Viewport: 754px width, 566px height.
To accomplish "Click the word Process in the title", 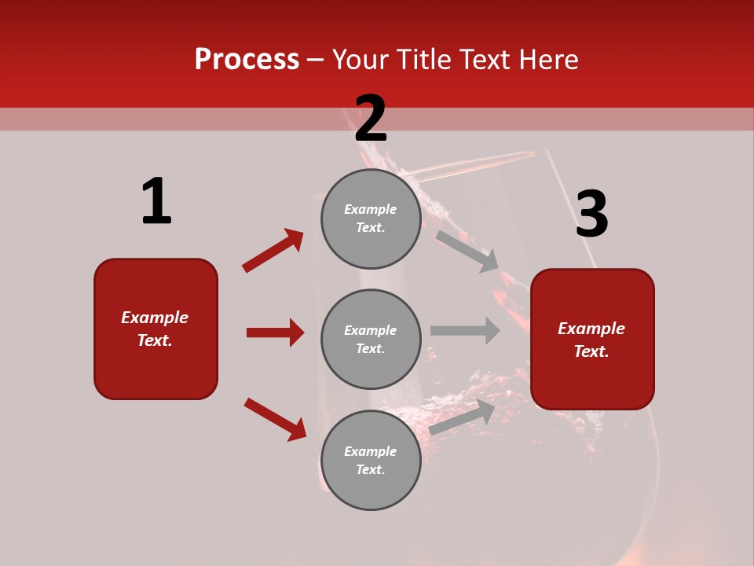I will click(247, 60).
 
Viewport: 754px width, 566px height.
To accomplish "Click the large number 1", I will click(156, 201).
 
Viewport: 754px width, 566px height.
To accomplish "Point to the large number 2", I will click(371, 119).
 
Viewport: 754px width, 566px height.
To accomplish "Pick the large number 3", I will click(591, 214).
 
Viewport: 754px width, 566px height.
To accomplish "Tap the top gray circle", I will click(371, 219).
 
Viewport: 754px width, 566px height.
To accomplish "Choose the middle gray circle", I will click(371, 339).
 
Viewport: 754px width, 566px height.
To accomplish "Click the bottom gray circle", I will click(371, 460).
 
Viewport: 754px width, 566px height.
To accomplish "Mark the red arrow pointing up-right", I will click(273, 251).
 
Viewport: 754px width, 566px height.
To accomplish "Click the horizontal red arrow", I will click(275, 333).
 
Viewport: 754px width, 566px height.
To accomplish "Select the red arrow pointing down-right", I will click(276, 419).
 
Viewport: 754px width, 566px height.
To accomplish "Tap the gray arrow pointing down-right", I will click(468, 251).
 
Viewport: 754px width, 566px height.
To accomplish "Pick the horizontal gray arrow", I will click(465, 330).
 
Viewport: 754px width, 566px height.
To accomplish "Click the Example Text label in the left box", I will click(155, 329).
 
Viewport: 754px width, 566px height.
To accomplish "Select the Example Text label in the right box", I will click(591, 340).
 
